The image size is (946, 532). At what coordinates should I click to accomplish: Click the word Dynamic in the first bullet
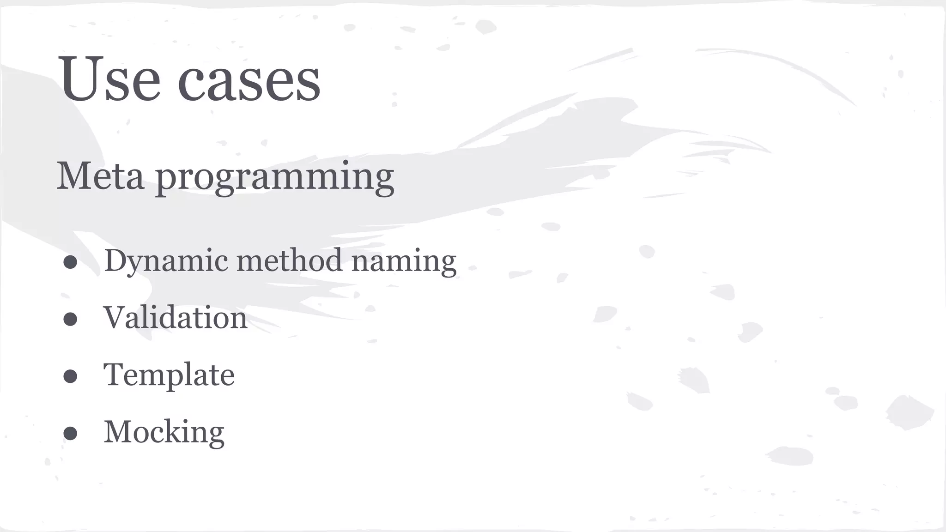pos(166,261)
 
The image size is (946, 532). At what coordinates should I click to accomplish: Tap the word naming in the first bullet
pos(404,262)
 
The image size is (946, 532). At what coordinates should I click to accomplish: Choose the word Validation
pos(176,318)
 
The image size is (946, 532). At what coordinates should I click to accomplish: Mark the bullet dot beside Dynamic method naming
pos(70,262)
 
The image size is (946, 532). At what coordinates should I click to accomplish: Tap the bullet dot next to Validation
pos(70,319)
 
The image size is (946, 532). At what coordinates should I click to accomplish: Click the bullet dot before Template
pos(70,376)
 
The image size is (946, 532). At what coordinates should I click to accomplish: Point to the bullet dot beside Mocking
pos(70,433)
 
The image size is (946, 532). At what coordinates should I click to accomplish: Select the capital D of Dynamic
pos(115,260)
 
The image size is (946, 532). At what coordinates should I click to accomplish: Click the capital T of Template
pos(114,374)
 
